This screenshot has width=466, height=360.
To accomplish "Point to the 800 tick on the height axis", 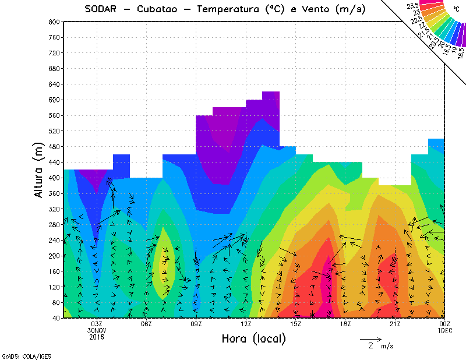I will (54, 22).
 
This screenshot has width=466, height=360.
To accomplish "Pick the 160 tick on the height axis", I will (54, 271).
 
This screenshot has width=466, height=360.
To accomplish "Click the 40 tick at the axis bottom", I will (55, 319).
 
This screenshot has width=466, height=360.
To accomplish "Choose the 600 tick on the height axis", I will (54, 100).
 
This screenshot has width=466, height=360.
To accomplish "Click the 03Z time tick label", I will (97, 324).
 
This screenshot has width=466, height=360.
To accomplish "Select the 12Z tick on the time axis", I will (246, 324).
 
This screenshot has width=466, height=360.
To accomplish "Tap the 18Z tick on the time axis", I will (345, 324).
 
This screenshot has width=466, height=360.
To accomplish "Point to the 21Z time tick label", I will (395, 324).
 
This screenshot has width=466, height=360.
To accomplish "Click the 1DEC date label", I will (445, 330).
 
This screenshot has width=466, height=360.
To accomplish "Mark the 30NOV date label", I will (97, 330).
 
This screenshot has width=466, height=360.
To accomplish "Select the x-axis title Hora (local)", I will (253, 338).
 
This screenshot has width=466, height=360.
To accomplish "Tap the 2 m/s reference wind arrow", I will (370, 338).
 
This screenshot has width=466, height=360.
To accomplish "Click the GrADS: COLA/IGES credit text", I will (22, 355).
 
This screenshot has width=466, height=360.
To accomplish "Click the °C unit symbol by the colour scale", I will (455, 10).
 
